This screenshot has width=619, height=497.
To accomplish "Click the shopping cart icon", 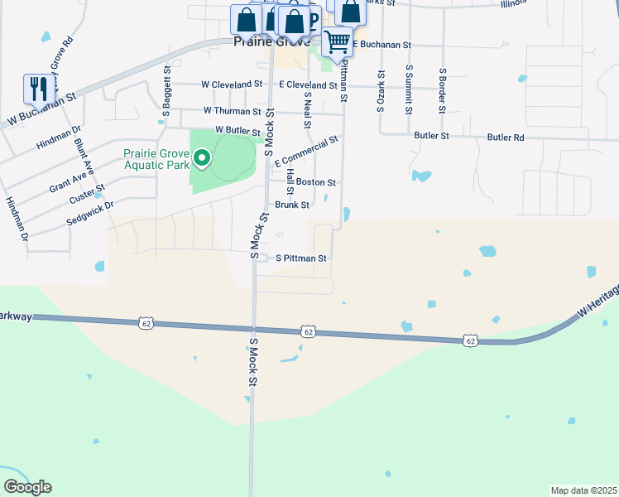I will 337,41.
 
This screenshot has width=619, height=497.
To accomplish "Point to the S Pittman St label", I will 301,258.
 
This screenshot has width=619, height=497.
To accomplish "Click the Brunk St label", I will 292,205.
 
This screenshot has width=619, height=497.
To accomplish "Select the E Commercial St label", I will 307,150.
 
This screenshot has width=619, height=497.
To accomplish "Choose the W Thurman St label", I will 232,111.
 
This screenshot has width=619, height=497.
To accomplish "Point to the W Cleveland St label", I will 232,84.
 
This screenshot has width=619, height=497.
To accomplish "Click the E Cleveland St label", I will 308,84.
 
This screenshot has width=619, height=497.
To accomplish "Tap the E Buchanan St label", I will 382,44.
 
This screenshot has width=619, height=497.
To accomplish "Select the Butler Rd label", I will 506,137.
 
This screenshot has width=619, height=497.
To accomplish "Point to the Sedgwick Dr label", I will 89,213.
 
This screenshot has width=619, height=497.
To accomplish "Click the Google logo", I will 28,486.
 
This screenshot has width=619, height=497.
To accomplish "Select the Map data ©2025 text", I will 583,490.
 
